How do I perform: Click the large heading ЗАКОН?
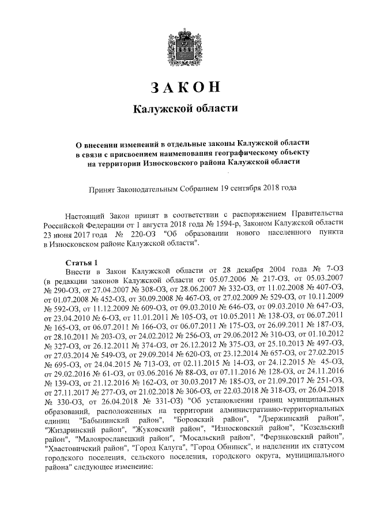point(184,87)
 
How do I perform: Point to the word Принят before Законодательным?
point(100,187)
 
